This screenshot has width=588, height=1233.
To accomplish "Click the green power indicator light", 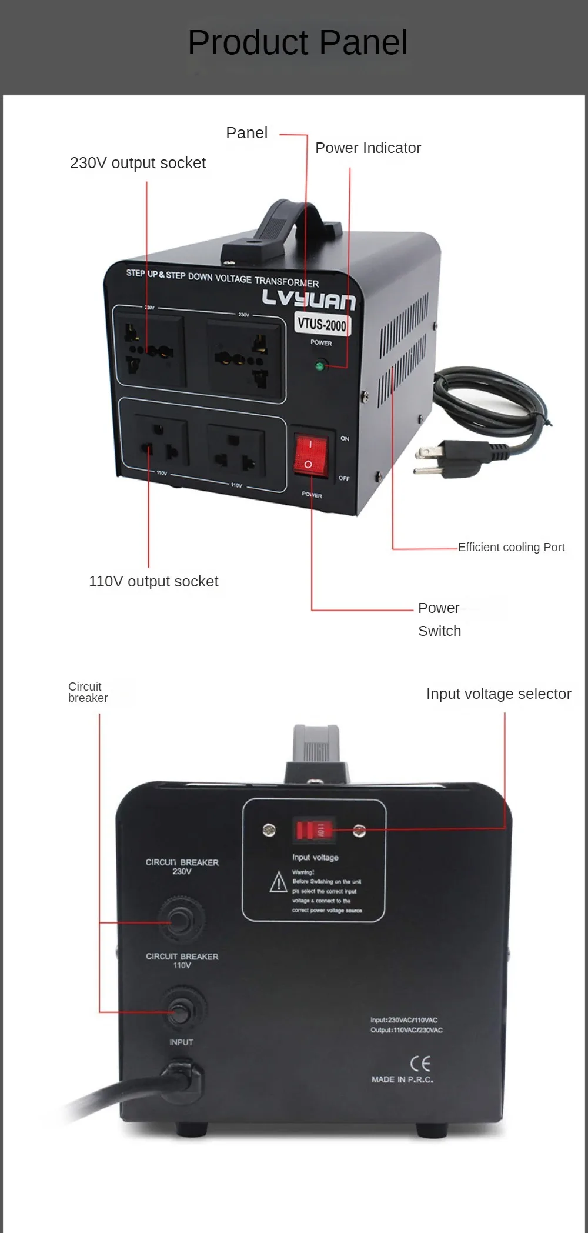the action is click(x=319, y=366).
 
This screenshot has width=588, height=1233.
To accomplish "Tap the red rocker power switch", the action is click(x=310, y=454).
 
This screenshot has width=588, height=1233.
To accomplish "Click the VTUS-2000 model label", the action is click(x=322, y=324).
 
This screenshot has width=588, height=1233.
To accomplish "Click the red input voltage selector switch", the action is click(x=314, y=830).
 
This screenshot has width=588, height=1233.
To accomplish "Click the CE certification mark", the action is click(x=420, y=1064).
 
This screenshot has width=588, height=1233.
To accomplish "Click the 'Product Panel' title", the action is click(x=298, y=42).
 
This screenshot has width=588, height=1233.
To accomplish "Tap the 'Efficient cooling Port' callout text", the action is click(x=511, y=547).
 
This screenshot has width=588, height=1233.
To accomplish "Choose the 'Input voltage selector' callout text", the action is click(x=499, y=694).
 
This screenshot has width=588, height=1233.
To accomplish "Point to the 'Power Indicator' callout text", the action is click(x=368, y=148).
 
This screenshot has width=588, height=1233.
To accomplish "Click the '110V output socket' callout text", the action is click(x=153, y=581).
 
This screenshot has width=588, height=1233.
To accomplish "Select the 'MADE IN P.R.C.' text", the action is click(x=402, y=1079).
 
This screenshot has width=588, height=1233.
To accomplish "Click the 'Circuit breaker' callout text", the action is click(x=88, y=692).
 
